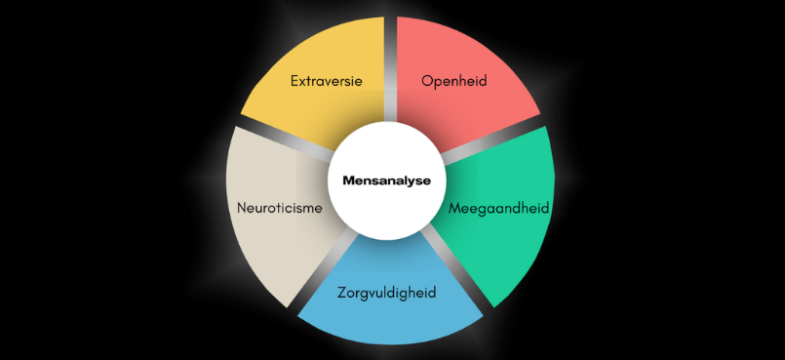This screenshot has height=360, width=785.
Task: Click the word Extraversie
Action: (x=327, y=81)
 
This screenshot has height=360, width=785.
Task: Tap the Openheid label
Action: (x=453, y=80)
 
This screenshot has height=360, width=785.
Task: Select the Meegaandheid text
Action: (x=498, y=208)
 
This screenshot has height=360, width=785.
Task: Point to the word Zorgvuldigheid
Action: (x=387, y=292)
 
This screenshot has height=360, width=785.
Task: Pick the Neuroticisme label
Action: (x=280, y=208)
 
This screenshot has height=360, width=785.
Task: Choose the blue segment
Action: (x=390, y=322)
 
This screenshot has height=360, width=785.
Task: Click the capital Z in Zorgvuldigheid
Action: (x=342, y=292)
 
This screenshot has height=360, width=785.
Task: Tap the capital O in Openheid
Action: (x=427, y=80)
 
